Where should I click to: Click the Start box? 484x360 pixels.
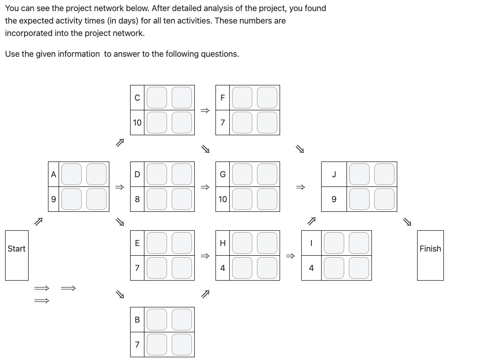(17, 255)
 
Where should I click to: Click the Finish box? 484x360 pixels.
(430, 255)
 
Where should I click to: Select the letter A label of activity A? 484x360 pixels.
(54, 174)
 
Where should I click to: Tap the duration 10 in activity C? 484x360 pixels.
(137, 123)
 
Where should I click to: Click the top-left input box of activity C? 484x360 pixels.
(157, 97)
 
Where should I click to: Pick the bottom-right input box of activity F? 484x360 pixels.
(267, 122)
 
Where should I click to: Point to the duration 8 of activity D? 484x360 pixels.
(137, 199)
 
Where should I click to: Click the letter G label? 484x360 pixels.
(222, 174)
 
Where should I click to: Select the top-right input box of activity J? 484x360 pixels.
(384, 174)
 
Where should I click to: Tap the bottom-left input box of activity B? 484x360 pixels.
(157, 344)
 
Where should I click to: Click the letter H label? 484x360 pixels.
(222, 243)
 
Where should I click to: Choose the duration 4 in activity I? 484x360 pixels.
(311, 268)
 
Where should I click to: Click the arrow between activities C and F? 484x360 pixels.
(205, 110)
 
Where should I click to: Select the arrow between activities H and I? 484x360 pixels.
(291, 256)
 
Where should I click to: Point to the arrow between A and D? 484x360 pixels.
(120, 187)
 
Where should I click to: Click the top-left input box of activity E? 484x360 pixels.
(157, 243)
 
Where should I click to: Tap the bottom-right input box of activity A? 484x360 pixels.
(96, 199)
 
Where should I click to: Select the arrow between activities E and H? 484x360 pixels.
(205, 256)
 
